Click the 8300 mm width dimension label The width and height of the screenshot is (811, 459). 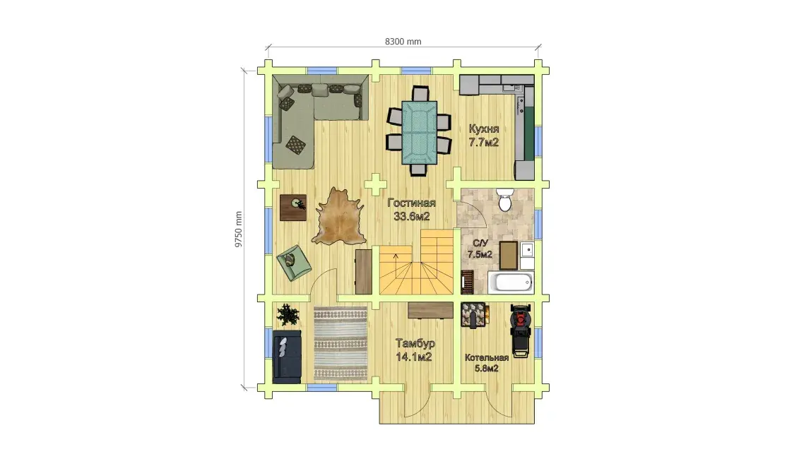coord(403,42)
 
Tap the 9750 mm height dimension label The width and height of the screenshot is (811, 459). coord(239,229)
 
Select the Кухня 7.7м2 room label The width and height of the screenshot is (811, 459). coord(484,136)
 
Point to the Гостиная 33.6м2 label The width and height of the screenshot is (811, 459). coord(412,210)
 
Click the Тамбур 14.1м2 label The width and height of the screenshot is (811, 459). coord(414,350)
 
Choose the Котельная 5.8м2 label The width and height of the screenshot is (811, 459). coord(486,363)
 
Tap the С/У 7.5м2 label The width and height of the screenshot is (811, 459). coord(480,249)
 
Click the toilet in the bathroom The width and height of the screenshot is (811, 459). coord(505,200)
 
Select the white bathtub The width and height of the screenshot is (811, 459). coord(511,282)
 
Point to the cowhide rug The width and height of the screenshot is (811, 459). coord(339,217)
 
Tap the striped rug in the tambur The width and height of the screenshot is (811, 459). coord(341,344)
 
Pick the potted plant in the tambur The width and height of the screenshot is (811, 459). coord(287,314)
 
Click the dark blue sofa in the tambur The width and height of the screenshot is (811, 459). coord(287,356)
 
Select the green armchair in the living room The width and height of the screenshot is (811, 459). coord(293,262)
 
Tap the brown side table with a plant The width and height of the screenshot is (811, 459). coord(293,208)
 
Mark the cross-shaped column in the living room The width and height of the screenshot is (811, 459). coord(376,184)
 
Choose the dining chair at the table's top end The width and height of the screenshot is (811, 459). coord(420,93)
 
